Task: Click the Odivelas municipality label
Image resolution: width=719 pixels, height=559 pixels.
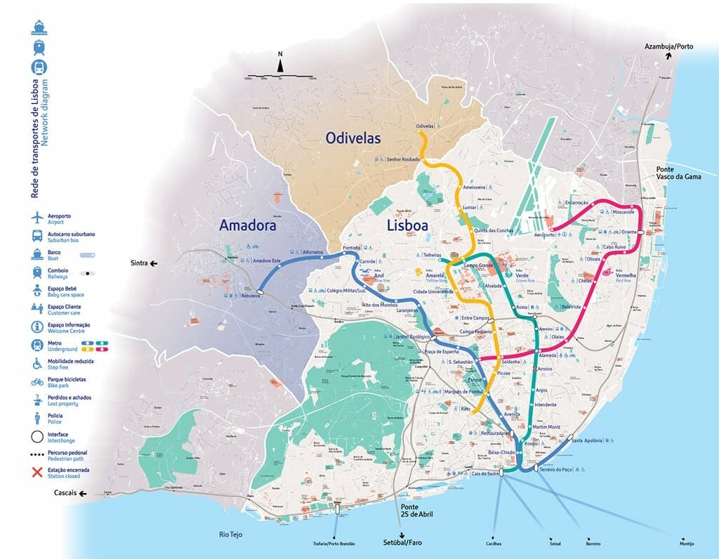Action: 353,138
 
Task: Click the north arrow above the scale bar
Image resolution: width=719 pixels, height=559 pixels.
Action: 280,65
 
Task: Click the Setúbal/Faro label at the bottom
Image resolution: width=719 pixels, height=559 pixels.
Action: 402,542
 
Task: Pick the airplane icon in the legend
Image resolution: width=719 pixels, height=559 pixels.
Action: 36,218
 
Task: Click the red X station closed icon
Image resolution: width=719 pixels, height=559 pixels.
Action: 36,472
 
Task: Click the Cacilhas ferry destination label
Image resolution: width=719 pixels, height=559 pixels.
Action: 503,543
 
